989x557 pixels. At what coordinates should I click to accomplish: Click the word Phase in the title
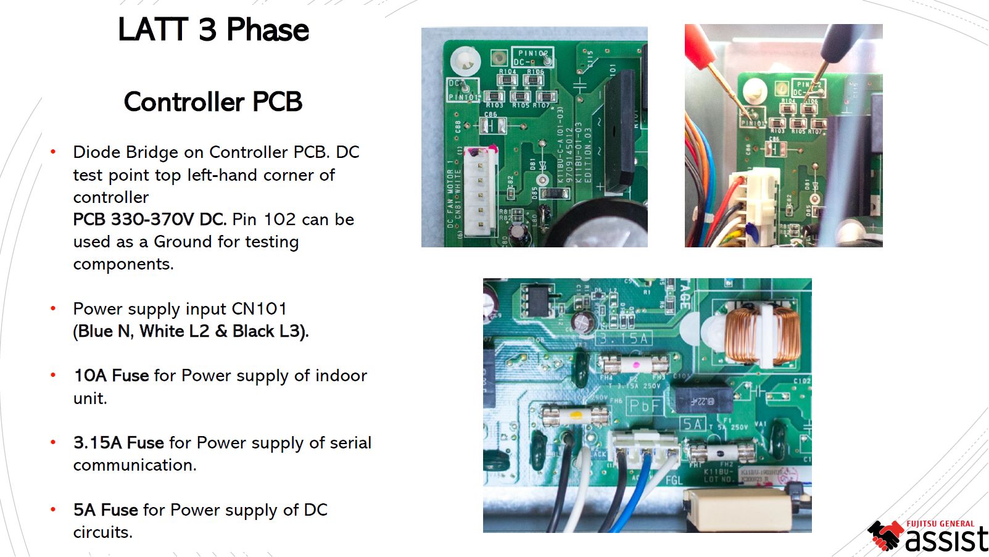coord(267,30)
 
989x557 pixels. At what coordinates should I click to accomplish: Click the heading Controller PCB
coord(213,102)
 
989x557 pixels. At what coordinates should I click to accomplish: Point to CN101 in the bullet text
coord(259,308)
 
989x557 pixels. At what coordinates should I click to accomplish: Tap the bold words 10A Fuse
coord(112,376)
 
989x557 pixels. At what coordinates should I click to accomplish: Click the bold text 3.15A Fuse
coord(118,443)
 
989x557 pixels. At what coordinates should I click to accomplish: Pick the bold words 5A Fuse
coord(106,510)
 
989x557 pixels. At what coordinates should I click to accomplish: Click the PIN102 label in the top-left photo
coord(533,54)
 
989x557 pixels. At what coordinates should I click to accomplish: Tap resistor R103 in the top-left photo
coord(494,97)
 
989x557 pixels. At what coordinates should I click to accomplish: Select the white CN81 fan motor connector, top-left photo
coord(480,191)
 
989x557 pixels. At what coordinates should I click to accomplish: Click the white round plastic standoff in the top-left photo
coord(465,62)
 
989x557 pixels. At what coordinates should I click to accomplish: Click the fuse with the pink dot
coord(634,364)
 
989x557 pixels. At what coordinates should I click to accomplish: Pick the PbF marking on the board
coord(644,406)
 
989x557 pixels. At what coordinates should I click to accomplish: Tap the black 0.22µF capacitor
coord(701,400)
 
